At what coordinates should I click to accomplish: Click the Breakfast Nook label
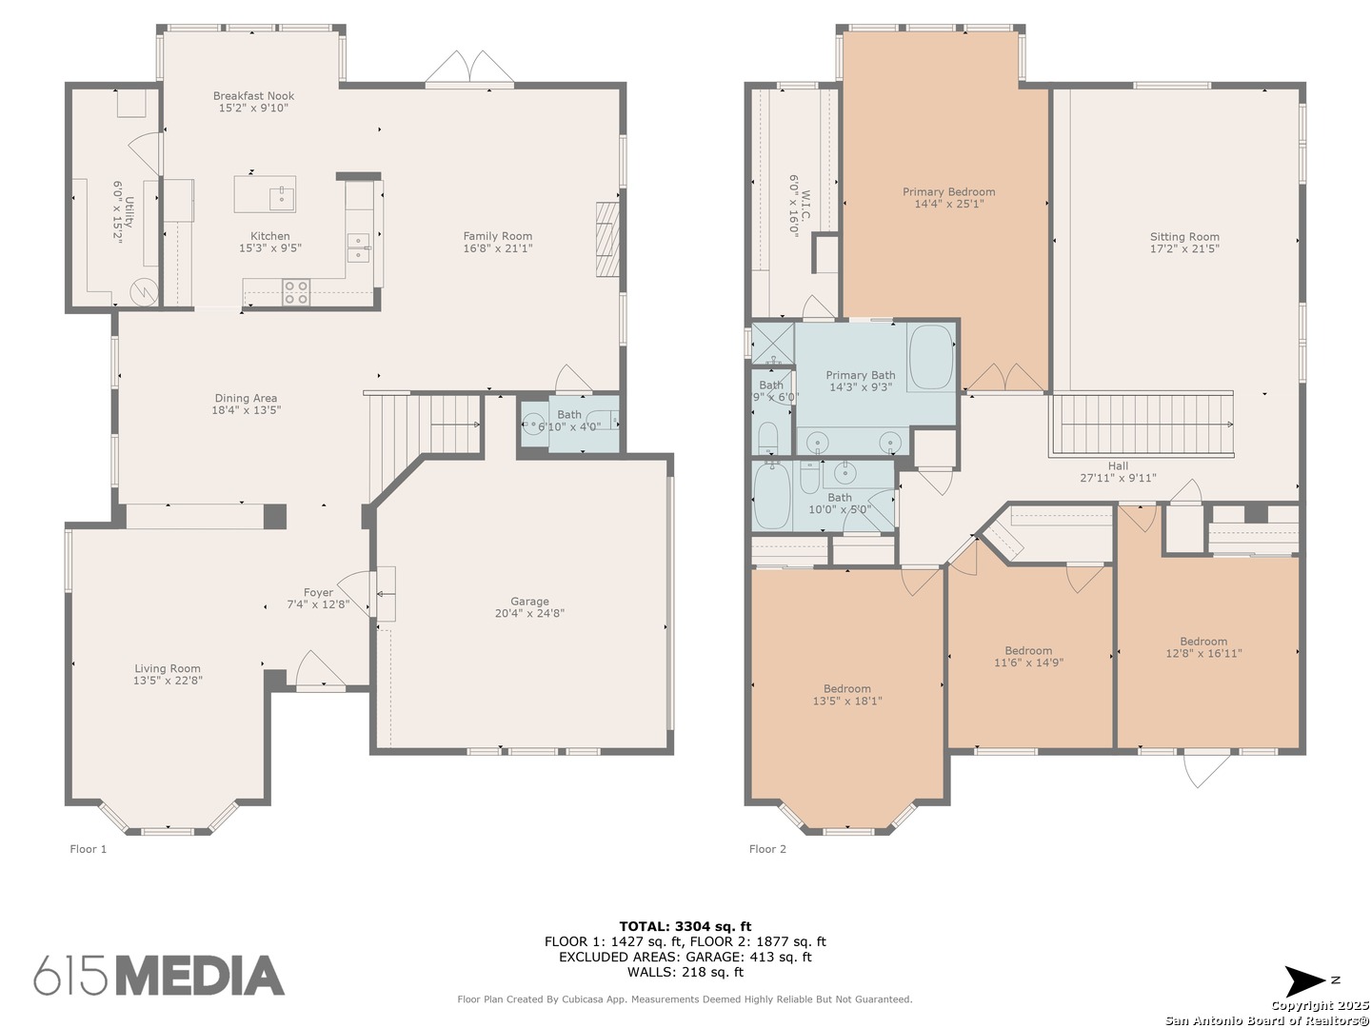pos(253,96)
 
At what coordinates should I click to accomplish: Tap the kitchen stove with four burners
pos(296,292)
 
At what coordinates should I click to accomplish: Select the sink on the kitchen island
pos(282,197)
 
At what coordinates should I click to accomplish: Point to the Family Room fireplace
pos(606,239)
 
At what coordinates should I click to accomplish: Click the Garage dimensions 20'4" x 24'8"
pos(529,613)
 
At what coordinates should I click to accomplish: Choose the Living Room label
pos(168,668)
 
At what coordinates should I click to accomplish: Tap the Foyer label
pos(318,592)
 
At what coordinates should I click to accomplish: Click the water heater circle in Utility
pos(144,291)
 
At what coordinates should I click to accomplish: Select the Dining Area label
pos(246,398)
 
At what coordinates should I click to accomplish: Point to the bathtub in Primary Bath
pos(930,358)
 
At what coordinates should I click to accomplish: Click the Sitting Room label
pos(1184,237)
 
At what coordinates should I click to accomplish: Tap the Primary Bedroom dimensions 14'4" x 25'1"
pos(949,204)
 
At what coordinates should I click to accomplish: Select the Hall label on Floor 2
pos(1118,465)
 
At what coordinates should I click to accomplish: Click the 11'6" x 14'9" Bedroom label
pos(1028,651)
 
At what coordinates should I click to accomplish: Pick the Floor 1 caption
pos(89,849)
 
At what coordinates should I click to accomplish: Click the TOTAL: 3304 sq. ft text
pos(685,926)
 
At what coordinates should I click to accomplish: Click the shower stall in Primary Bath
pos(773,343)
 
